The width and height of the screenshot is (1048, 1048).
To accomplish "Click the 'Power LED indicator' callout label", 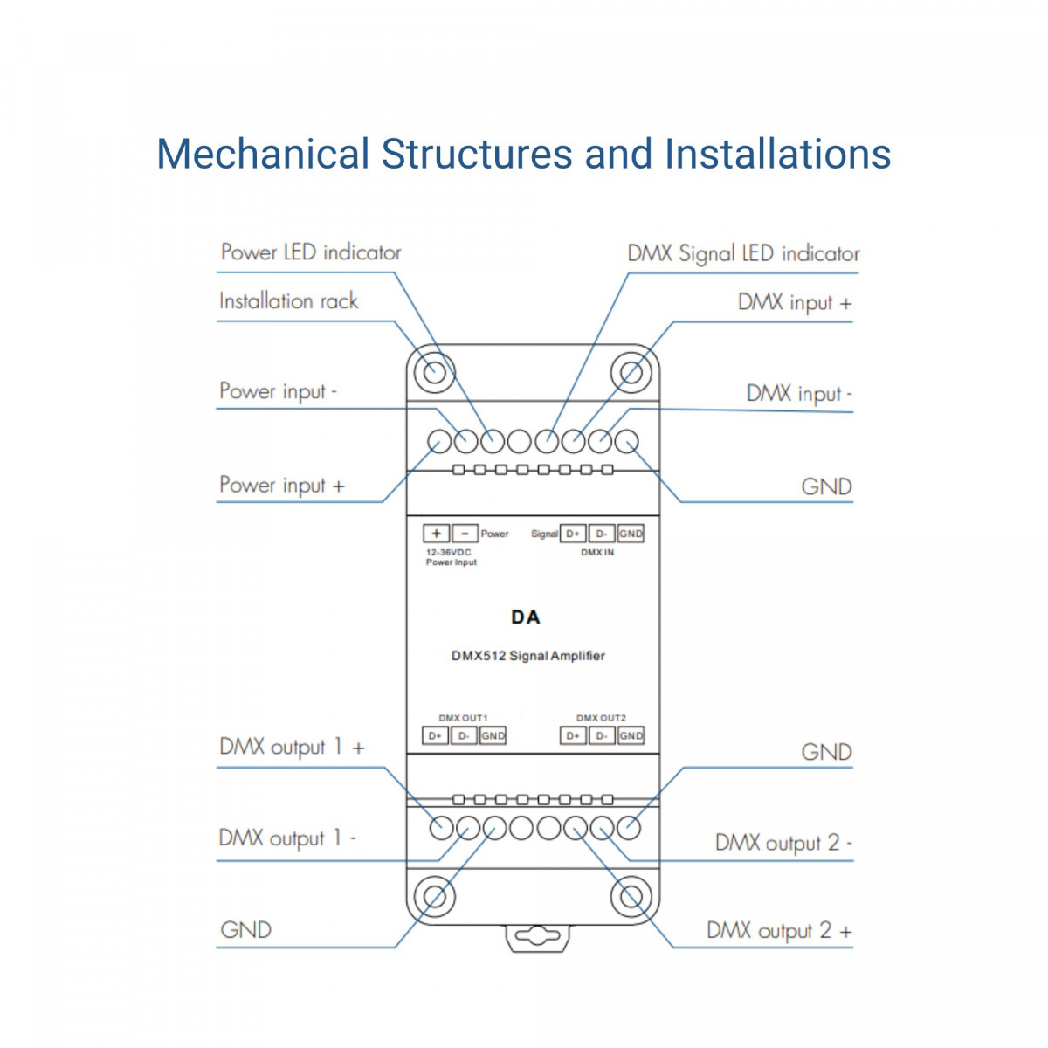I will (310, 252).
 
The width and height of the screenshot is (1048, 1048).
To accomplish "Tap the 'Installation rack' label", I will (288, 301).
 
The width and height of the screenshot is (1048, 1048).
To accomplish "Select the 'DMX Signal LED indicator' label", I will (743, 254).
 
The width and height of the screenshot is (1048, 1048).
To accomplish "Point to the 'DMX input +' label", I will (794, 303).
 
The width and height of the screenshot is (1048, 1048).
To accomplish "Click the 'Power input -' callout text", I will (278, 391).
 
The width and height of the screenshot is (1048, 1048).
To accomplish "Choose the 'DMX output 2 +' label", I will (778, 931).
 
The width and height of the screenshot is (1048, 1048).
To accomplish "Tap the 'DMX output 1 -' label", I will (287, 838).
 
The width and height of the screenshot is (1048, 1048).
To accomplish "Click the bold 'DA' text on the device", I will (526, 617).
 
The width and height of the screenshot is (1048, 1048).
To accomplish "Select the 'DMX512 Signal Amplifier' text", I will (528, 656).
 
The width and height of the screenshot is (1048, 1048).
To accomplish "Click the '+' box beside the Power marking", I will (436, 534).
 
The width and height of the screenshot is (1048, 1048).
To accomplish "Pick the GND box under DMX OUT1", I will (493, 736).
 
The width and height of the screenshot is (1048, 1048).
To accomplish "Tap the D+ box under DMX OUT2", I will (573, 736).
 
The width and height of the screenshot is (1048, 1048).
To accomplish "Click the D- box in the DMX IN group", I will (601, 534).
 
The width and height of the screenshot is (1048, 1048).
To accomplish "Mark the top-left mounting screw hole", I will (434, 373).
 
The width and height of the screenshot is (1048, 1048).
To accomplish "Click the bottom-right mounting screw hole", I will (631, 897).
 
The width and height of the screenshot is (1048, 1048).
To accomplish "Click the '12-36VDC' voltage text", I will (448, 553).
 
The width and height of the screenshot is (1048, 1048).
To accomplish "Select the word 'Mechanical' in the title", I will (263, 154).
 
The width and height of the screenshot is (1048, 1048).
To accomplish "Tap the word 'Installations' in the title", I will (777, 154).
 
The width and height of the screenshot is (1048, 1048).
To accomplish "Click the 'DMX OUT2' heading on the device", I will (601, 718).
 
